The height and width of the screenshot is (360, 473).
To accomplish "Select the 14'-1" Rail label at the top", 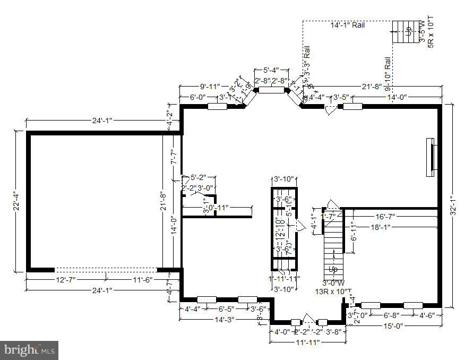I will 348,25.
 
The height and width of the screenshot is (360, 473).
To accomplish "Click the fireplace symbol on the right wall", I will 433,157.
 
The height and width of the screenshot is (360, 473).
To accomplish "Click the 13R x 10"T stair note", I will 333,292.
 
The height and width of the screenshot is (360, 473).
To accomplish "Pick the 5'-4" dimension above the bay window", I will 271,70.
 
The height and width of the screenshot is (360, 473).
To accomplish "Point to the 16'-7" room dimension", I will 384,217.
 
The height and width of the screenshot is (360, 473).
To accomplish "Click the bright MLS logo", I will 30,350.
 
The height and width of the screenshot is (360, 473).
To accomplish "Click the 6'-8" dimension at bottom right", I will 393,314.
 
